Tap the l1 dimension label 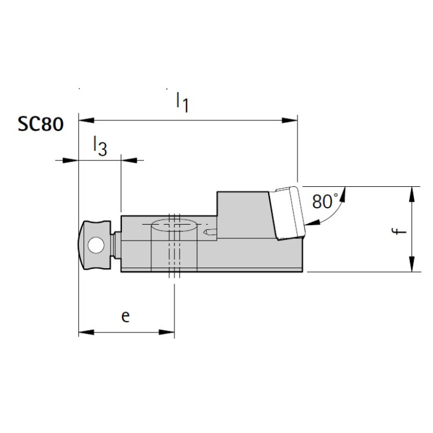[182, 102]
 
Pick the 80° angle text [325, 201]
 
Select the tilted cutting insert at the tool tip [288, 213]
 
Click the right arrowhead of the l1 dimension [290, 120]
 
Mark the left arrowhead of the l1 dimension [85, 120]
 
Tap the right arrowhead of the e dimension [168, 332]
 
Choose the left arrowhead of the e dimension [85, 332]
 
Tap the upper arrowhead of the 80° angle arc [340, 192]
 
